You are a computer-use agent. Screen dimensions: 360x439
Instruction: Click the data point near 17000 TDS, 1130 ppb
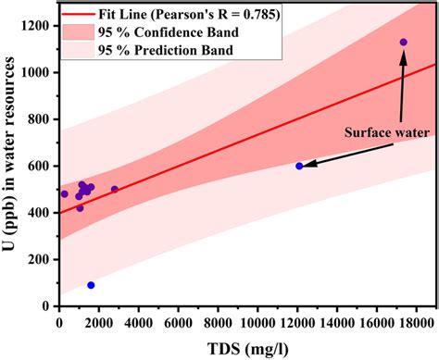[403, 43]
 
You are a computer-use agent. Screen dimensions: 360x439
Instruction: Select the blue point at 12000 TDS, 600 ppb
[299, 166]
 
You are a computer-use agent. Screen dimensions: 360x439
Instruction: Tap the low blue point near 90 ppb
[91, 285]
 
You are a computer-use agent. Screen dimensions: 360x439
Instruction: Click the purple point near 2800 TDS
[115, 189]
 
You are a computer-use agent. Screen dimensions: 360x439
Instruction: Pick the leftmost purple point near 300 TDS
[65, 193]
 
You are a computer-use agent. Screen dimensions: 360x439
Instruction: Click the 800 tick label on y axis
[38, 119]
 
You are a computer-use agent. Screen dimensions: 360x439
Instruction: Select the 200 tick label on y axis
[38, 260]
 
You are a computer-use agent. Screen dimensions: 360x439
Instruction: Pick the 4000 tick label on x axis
[138, 323]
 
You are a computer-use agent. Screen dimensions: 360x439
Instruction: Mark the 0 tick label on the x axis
[59, 323]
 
